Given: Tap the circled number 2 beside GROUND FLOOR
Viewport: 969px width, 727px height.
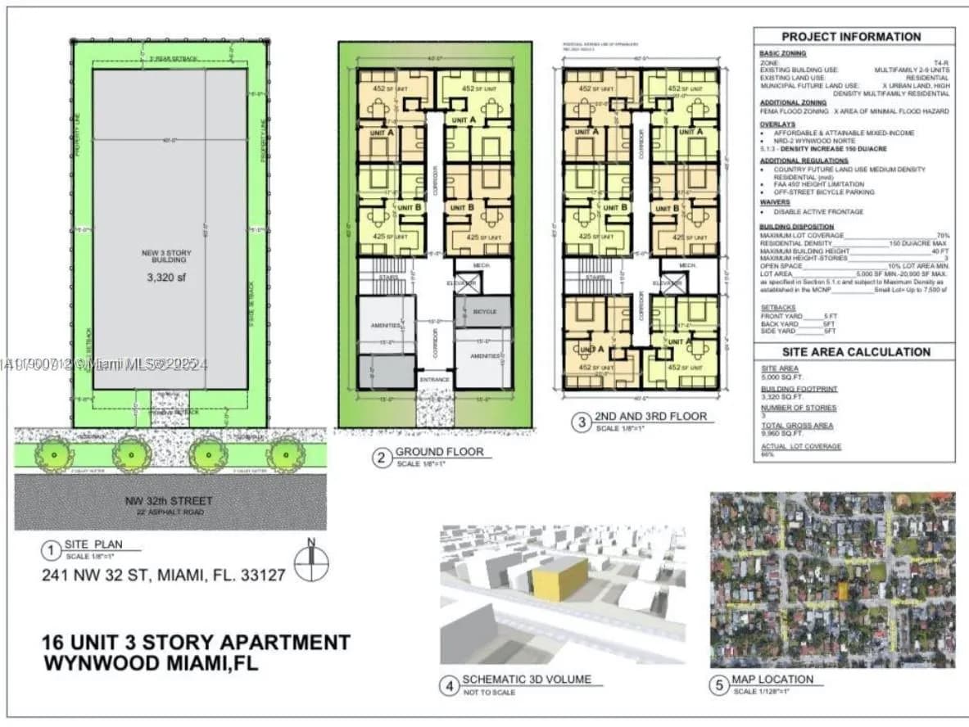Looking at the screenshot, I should (x=381, y=458).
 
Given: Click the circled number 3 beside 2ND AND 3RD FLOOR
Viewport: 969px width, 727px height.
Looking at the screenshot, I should (x=581, y=422).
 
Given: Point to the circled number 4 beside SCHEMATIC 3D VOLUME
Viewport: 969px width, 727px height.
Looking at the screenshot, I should (x=449, y=685).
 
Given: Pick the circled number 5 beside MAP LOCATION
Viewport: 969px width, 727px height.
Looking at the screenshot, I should (x=718, y=685).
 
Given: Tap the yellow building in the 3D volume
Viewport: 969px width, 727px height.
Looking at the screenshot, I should (x=559, y=579).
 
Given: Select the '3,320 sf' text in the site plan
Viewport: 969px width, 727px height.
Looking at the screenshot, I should (x=166, y=277).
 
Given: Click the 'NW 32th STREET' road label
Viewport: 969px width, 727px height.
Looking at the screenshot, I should (x=170, y=500).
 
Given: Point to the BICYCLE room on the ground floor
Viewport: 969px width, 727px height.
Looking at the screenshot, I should (x=483, y=312).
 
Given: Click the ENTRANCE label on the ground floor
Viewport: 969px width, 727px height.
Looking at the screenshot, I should (x=434, y=380).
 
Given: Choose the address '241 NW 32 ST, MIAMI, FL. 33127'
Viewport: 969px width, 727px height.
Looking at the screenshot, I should (x=164, y=575).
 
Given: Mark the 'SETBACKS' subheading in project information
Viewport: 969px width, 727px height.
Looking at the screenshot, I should (x=779, y=308).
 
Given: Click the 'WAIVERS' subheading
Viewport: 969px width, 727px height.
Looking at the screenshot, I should (x=775, y=202).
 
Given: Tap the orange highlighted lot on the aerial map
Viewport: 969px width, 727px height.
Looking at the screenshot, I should (x=842, y=590).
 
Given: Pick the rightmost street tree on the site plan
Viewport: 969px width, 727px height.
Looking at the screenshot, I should (x=285, y=453).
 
